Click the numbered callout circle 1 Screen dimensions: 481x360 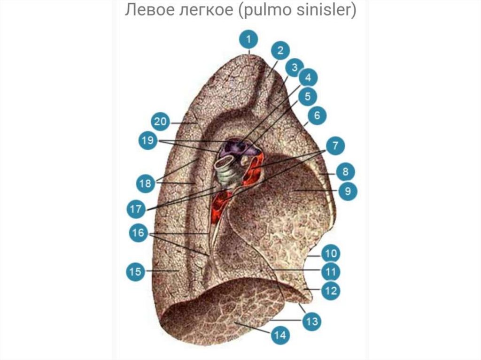coord(249,40)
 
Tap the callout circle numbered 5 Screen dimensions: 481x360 coord(307,97)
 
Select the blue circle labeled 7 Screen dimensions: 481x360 coord(335,146)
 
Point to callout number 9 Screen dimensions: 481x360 coord(348,191)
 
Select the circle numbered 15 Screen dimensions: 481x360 coord(135,271)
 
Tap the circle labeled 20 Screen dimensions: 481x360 coord(161,122)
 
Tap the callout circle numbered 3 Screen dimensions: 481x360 coord(294,69)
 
